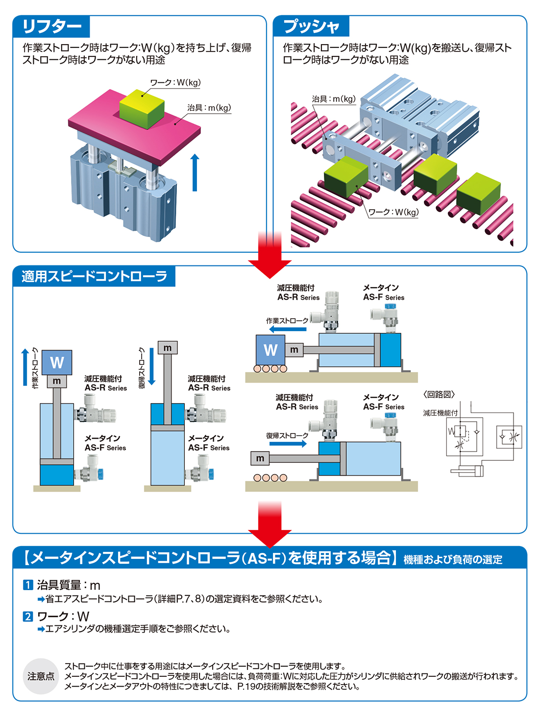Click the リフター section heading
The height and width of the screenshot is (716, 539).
(51, 26)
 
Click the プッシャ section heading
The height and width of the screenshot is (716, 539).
(312, 26)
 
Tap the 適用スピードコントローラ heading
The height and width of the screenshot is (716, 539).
(95, 276)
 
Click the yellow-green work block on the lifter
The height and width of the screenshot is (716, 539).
(142, 109)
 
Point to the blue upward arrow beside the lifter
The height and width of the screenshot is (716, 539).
(195, 172)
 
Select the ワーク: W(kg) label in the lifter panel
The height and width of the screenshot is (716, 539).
(175, 82)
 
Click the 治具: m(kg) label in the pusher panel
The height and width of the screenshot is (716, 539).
(334, 99)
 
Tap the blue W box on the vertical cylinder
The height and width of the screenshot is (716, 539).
(57, 362)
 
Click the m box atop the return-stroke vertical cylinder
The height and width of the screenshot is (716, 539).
(168, 348)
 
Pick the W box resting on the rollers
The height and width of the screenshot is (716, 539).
(270, 350)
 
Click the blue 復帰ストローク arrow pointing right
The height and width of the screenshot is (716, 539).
(288, 444)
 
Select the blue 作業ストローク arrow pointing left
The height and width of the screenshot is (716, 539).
(288, 329)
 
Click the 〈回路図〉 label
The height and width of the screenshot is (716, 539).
(439, 394)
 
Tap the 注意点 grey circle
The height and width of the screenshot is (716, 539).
(41, 676)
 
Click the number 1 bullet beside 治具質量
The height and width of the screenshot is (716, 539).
(28, 585)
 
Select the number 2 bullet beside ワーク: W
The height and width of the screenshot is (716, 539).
(28, 617)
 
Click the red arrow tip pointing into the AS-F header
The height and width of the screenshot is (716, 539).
(270, 548)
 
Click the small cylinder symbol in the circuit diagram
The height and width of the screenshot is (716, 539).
(467, 471)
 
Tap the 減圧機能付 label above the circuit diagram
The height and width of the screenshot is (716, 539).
(440, 413)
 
